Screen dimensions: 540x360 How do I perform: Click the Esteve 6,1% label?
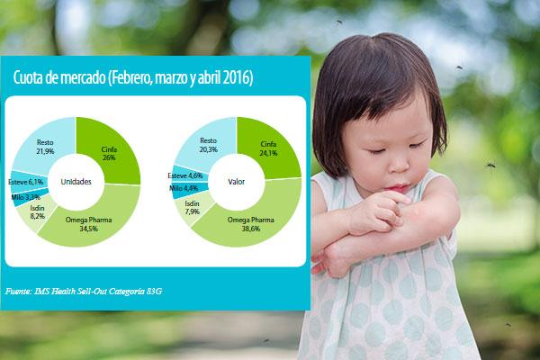coord(26,182)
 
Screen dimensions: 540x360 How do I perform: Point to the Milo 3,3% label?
coord(26,197)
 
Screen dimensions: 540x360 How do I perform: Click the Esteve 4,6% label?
coord(185,175)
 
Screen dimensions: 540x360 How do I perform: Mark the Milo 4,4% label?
coord(184,188)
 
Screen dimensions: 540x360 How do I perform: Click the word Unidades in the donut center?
coord(76,182)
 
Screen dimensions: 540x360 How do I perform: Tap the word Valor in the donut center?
coord(236,182)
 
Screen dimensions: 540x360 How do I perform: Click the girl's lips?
coord(397,188)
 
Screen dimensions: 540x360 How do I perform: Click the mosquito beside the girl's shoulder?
coord(491,165)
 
